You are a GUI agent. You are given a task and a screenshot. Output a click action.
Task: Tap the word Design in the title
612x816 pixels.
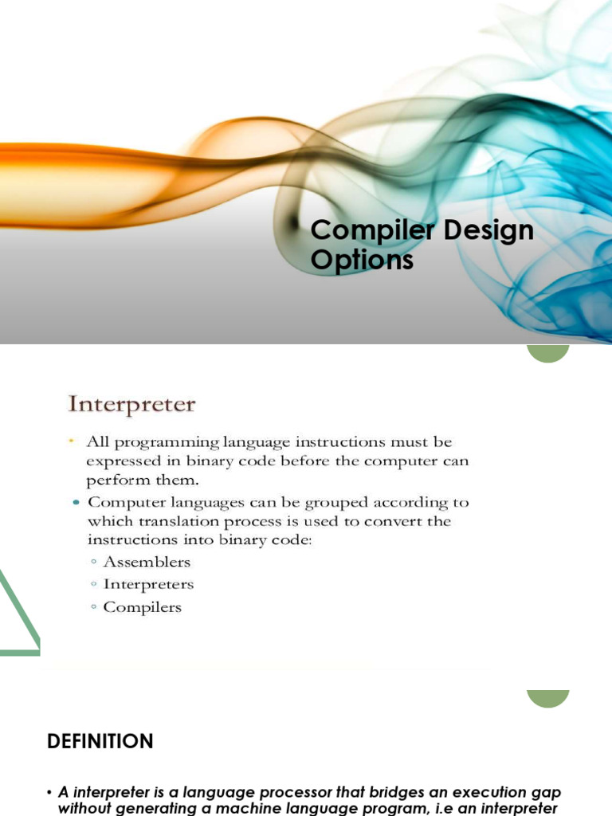488,230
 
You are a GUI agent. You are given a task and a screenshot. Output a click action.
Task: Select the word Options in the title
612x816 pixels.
362,259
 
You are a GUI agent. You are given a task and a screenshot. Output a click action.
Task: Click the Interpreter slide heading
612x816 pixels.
131,404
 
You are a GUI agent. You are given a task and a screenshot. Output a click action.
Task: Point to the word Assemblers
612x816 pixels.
147,562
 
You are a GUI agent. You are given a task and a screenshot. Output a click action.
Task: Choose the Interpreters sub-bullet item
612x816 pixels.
148,584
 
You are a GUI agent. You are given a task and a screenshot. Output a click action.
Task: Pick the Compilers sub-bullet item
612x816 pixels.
142,607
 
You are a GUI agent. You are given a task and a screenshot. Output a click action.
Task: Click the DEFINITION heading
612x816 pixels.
100,741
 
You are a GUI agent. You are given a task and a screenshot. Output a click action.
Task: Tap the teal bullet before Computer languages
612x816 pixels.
76,502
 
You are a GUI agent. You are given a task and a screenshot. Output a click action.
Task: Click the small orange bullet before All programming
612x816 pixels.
71,441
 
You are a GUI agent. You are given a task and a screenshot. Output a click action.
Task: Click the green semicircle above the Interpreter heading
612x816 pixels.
548,353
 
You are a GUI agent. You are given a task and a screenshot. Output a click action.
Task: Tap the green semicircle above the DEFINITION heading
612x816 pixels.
548,698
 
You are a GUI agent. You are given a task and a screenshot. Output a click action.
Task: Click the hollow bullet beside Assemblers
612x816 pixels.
94,562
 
